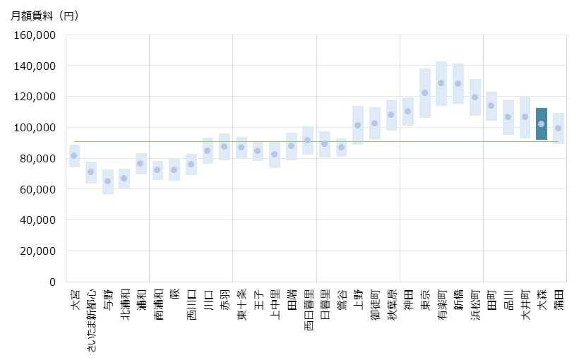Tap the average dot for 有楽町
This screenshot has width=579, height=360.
pos(441,83)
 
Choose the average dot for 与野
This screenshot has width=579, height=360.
pos(108,181)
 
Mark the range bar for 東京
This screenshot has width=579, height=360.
pos(425,93)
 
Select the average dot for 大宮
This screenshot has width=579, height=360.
pos(74,155)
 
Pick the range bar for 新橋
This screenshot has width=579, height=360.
pos(458,83)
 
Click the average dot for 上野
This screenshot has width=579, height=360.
pos(358,125)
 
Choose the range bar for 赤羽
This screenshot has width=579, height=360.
pos(225,147)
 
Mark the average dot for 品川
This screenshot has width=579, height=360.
pos(508,116)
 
